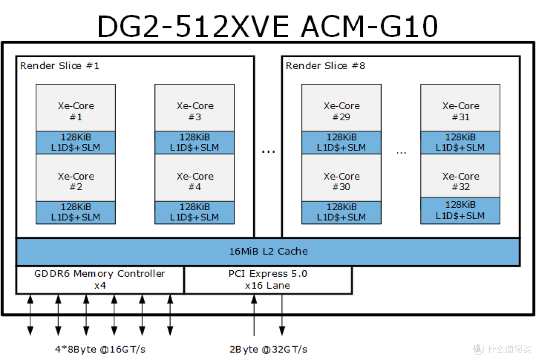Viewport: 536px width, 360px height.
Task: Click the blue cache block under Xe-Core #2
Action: (x=75, y=213)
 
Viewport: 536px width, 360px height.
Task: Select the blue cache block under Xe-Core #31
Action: (x=460, y=143)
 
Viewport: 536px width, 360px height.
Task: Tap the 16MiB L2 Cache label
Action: (x=268, y=251)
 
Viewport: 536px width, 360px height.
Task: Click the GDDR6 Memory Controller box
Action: (x=100, y=280)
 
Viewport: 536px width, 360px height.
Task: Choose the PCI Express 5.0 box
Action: (x=268, y=280)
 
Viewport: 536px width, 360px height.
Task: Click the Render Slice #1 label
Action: (x=60, y=66)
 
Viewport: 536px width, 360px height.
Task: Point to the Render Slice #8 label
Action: (x=326, y=66)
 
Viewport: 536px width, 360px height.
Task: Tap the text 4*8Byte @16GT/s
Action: (x=100, y=349)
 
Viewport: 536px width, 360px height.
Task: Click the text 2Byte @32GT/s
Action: (x=268, y=349)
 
